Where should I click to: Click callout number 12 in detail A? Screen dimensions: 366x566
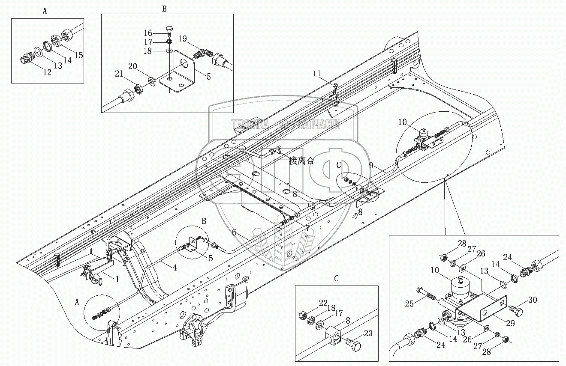(47, 72)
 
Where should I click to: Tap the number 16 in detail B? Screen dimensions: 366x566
(148, 33)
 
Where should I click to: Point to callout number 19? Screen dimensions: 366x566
(182, 39)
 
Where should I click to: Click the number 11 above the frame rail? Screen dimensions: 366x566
(316, 74)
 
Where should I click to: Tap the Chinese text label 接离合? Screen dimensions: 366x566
(301, 161)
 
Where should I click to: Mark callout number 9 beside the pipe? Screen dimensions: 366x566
(371, 165)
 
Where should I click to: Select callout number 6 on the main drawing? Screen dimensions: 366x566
(234, 232)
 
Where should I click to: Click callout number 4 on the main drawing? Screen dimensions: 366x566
(175, 269)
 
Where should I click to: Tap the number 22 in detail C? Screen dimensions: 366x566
(322, 303)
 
